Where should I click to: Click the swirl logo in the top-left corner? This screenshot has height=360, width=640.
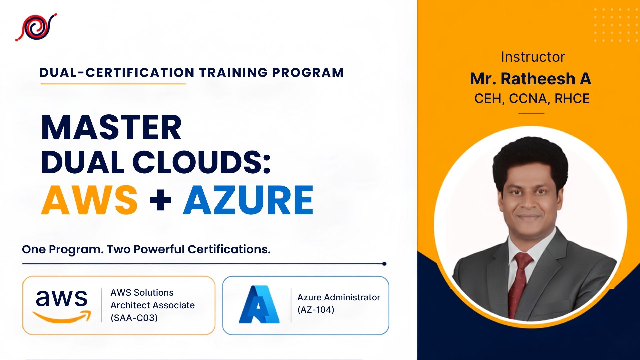(x=36, y=27)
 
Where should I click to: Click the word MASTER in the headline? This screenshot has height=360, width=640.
(x=111, y=128)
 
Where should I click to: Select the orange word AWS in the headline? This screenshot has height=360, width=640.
(x=89, y=200)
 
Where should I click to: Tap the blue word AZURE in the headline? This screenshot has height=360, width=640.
(x=248, y=200)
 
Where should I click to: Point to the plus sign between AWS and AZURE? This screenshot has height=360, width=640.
(x=160, y=200)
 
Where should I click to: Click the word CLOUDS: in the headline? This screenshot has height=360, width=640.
(x=201, y=162)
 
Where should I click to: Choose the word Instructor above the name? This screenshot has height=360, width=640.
(x=533, y=57)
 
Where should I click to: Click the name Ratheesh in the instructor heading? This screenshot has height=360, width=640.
(x=538, y=79)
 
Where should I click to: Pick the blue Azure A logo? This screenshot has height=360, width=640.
(x=259, y=304)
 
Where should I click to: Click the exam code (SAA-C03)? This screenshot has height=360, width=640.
(x=134, y=318)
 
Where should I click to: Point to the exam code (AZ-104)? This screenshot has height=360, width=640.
(x=316, y=310)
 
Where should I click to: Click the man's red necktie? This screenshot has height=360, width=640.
(x=520, y=283)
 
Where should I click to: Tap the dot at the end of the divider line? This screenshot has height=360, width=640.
(x=384, y=264)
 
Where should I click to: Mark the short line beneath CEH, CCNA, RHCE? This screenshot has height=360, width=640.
(x=531, y=113)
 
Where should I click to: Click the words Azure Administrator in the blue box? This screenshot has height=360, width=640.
(x=339, y=297)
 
